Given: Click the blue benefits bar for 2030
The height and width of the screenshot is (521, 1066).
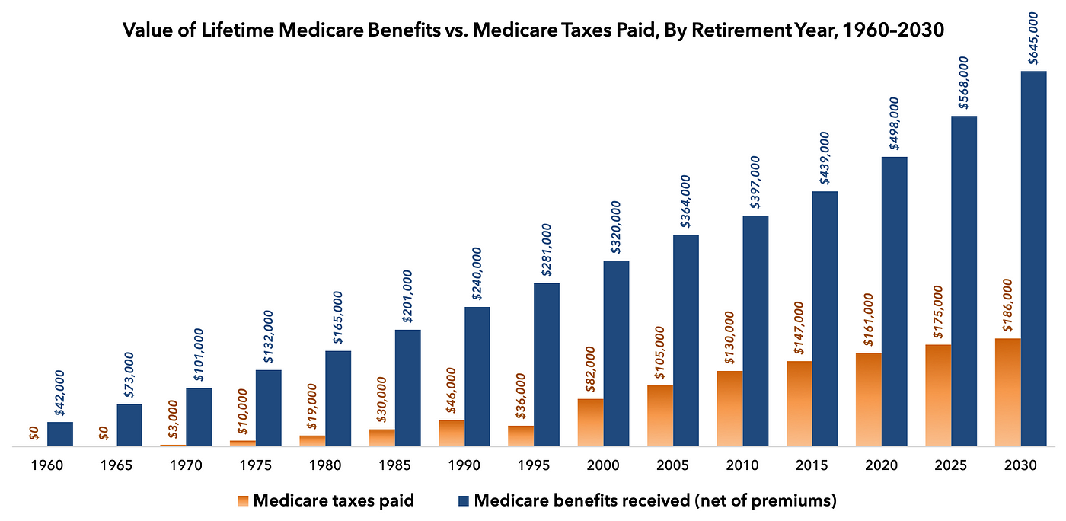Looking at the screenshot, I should pos(1033,259).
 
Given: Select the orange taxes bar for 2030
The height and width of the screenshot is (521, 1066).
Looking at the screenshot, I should pos(1007,392).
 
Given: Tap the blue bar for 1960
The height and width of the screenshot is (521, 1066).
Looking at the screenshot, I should pos(60,434).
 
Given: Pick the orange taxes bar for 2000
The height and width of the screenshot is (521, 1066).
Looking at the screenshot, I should pos(591,423).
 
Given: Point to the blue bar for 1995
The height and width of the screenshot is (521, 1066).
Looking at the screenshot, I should pos(547,365).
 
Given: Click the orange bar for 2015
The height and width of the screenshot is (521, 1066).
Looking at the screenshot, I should pos(799,404).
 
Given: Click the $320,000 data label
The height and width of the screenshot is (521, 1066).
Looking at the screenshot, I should pos(617,228).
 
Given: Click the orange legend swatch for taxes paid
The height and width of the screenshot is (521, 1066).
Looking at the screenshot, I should pos(242,500).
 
